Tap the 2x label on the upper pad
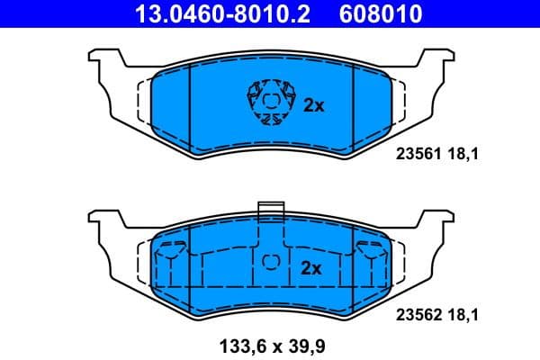point(313,105)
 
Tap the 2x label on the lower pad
point(310,268)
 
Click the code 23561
point(416,155)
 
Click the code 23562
point(416,316)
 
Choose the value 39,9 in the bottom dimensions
point(303,346)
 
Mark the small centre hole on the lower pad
point(270,260)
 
